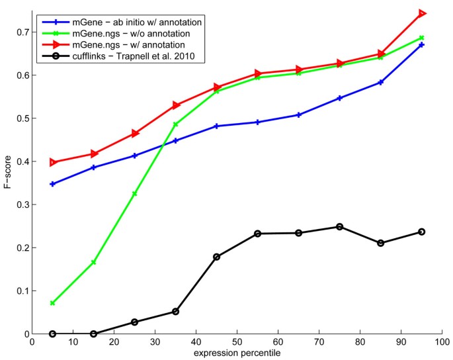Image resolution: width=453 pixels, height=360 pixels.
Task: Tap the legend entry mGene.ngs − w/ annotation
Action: pyautogui.click(x=133, y=46)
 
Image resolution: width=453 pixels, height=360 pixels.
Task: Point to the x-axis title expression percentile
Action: pyautogui.click(x=236, y=354)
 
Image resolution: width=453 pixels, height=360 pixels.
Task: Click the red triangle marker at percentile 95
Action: pyautogui.click(x=421, y=13)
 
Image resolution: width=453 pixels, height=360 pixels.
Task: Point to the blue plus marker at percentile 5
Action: pyautogui.click(x=52, y=184)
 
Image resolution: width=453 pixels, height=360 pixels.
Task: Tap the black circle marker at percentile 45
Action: pyautogui.click(x=216, y=257)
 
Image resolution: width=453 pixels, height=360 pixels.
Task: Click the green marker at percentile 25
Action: pyautogui.click(x=134, y=194)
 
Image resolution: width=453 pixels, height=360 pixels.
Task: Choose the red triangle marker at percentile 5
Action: pyautogui.click(x=52, y=162)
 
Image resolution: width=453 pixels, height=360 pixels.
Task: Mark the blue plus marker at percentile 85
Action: pyautogui.click(x=380, y=82)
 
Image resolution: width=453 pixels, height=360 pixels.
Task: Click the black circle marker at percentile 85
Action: pyautogui.click(x=380, y=243)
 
